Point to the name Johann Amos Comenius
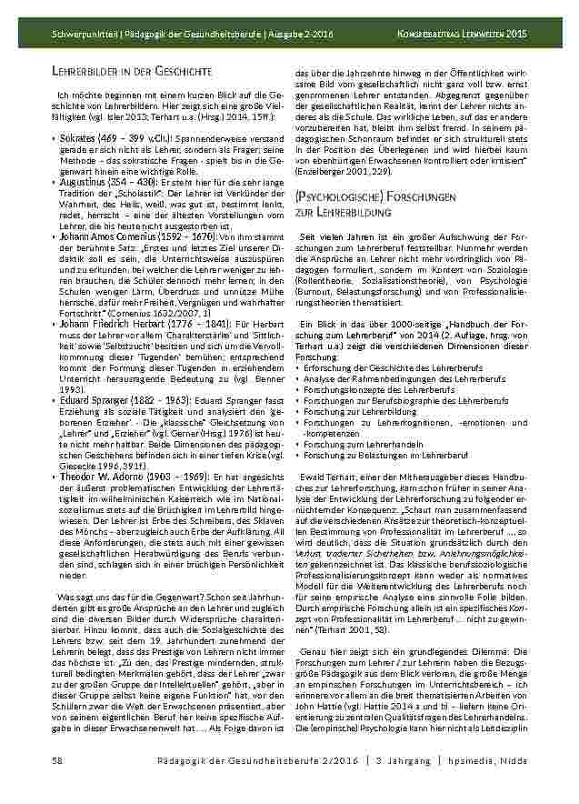click(x=106, y=236)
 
